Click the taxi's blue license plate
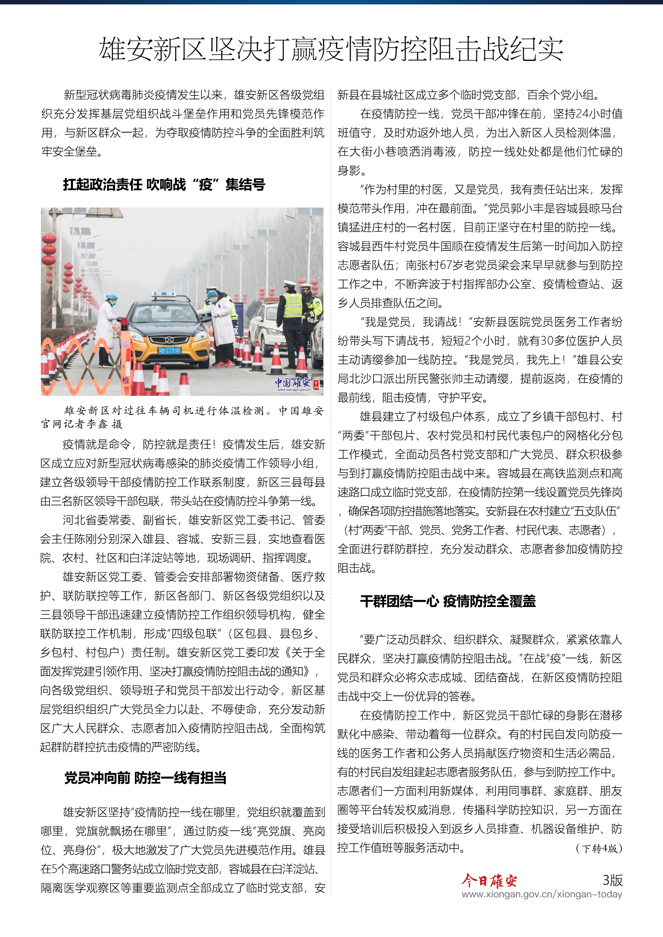tap(170, 351)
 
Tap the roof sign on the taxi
tap(163, 294)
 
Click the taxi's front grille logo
tap(169, 340)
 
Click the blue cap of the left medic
tap(111, 297)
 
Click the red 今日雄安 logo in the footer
tap(489, 881)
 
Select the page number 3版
tap(612, 880)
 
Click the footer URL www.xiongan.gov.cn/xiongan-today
tap(542, 895)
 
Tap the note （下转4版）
tap(598, 849)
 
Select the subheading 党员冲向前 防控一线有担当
tap(146, 778)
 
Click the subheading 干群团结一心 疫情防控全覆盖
tap(448, 601)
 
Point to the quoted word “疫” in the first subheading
tap(206, 185)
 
